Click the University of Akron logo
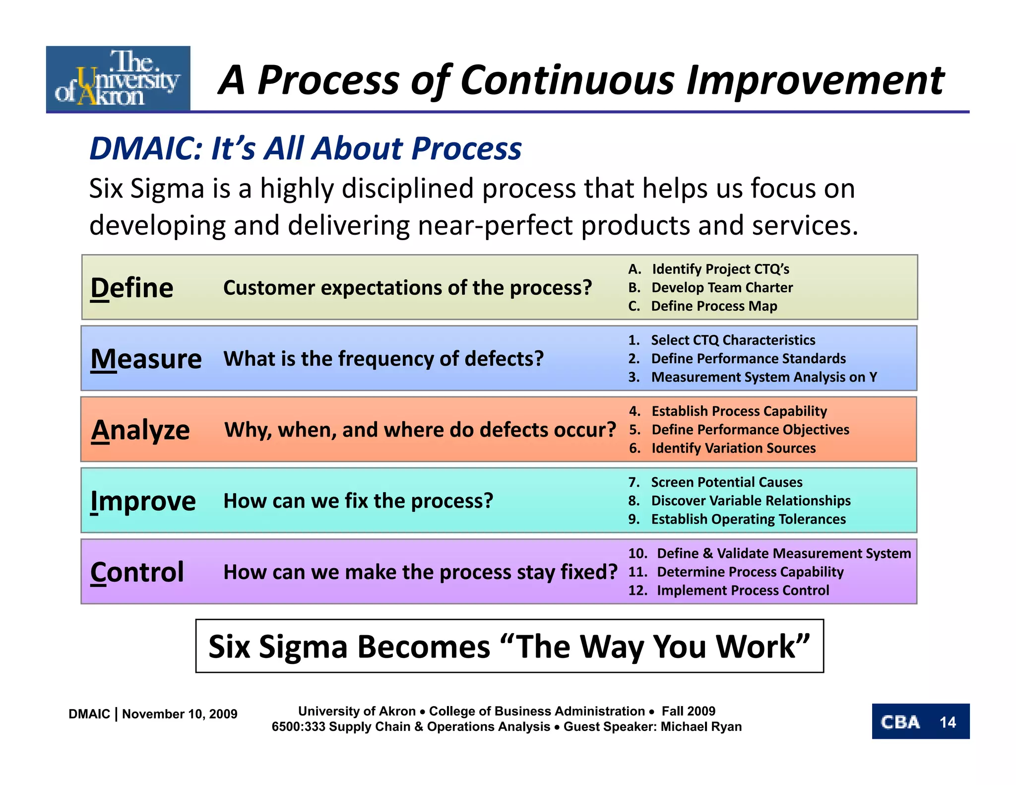pyautogui.click(x=118, y=78)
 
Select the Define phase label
pyautogui.click(x=132, y=288)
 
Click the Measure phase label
pyautogui.click(x=146, y=359)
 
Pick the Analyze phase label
pyautogui.click(x=140, y=430)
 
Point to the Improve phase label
pyautogui.click(x=143, y=501)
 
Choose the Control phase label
pyautogui.click(x=137, y=572)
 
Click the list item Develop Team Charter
pyautogui.click(x=722, y=288)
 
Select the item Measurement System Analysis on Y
pyautogui.click(x=763, y=377)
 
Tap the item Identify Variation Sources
pyautogui.click(x=733, y=448)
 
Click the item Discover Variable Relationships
pyautogui.click(x=751, y=501)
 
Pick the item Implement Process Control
pyautogui.click(x=743, y=590)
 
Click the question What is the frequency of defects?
pyautogui.click(x=383, y=359)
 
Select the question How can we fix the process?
pyautogui.click(x=358, y=501)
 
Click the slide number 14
pyautogui.click(x=948, y=722)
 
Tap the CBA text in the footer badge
pyautogui.click(x=900, y=722)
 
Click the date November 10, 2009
pyautogui.click(x=180, y=714)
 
